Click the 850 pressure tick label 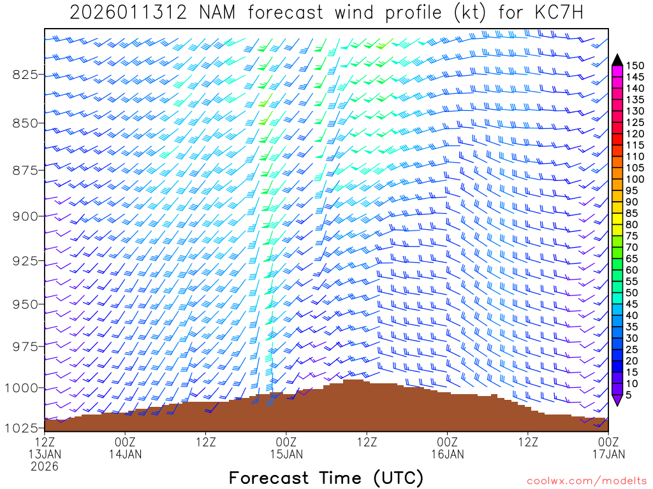tap(25, 122)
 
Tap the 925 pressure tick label tap(25, 260)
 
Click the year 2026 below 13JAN tap(44, 467)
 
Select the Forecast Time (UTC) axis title tap(326, 478)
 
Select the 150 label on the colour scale tap(635, 66)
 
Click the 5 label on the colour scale tap(629, 395)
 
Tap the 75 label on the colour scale tap(632, 236)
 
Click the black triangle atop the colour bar tap(617, 60)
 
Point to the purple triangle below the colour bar tap(617, 400)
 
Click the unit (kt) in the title tap(466, 13)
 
